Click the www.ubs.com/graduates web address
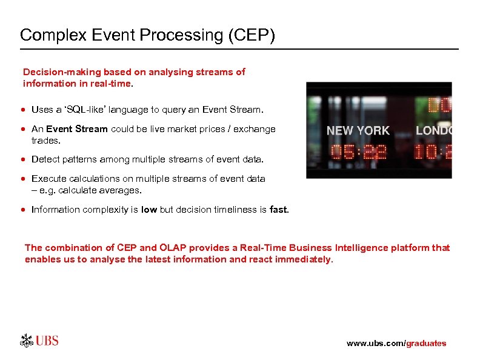click(x=396, y=343)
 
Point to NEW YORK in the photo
click(x=358, y=130)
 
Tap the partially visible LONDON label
click(x=433, y=130)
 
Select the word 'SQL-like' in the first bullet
click(x=89, y=110)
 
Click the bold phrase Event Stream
click(x=76, y=128)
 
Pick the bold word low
click(x=148, y=210)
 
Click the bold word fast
click(x=279, y=210)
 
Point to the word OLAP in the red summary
click(x=172, y=248)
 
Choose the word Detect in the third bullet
click(x=42, y=159)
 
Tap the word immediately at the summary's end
click(x=304, y=259)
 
